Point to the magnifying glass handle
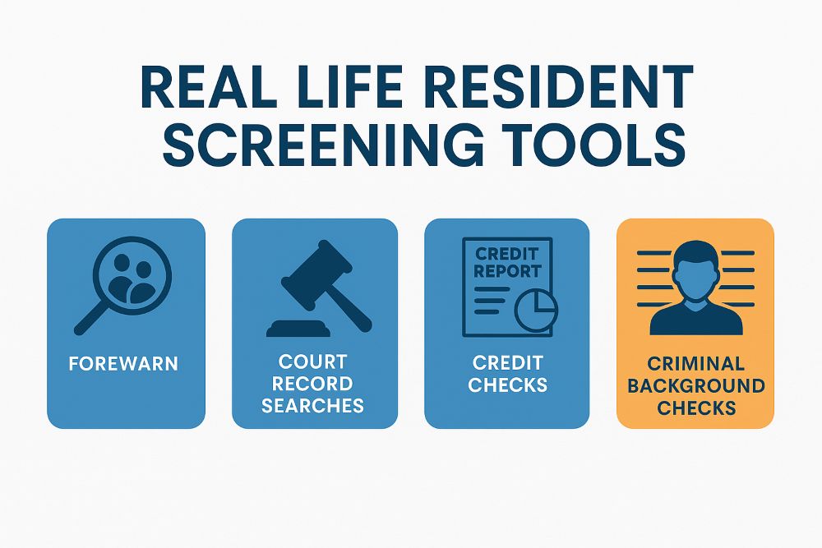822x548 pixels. coord(90,319)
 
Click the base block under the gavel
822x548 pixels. coord(297,329)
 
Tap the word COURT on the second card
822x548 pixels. coord(313,362)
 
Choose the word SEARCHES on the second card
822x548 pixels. coord(313,405)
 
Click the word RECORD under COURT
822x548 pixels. coord(313,384)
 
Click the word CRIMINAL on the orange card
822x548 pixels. coord(695,363)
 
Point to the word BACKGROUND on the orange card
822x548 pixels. coord(695,385)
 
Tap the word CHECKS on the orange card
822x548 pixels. coord(695,408)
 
